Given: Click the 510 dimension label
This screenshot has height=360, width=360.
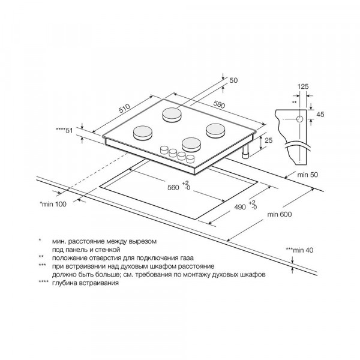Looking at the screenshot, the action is (x=124, y=109).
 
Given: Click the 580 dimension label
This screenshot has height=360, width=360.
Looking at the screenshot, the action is (x=219, y=104).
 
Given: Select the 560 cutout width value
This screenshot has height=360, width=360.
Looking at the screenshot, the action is (x=173, y=188).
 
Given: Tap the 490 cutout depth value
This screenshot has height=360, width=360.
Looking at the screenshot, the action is (x=240, y=207).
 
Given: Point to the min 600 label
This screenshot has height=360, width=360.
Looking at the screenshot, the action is (x=280, y=214).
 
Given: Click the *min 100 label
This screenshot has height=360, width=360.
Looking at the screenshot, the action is (x=53, y=204).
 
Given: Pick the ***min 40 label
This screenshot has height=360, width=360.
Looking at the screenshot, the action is (x=299, y=250).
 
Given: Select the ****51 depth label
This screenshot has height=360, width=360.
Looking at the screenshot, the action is (x=65, y=130).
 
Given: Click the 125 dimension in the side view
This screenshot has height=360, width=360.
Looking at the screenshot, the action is (x=303, y=86).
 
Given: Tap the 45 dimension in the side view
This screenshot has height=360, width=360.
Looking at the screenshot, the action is (x=320, y=114).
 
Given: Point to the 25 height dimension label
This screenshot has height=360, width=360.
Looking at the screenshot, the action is (x=268, y=140).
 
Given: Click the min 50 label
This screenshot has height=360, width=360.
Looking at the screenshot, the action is (x=308, y=175).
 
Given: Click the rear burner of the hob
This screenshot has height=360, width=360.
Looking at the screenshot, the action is (x=172, y=115).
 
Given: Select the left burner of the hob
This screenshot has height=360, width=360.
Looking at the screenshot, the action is (x=143, y=133).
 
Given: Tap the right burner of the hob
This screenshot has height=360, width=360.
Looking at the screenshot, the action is (x=215, y=130).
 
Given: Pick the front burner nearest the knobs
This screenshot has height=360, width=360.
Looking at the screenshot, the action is (x=191, y=145).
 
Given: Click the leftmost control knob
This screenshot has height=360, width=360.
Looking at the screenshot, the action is (x=164, y=149).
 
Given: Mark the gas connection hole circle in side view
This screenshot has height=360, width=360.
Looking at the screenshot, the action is (x=299, y=119).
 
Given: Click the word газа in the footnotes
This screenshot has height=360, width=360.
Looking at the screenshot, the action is (x=185, y=258).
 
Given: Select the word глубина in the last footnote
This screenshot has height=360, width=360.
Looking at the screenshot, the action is (x=65, y=283).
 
